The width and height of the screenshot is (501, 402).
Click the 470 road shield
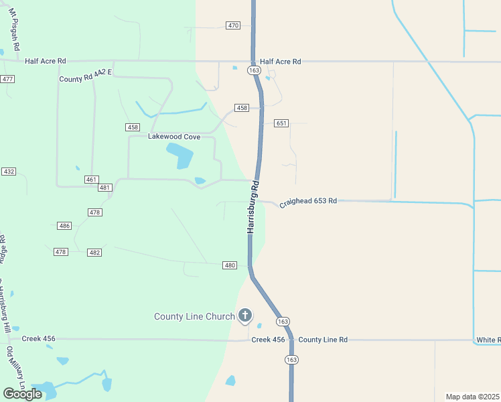(x=233, y=25)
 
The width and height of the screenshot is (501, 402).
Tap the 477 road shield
(x=7, y=79)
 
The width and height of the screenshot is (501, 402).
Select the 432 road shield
(x=9, y=172)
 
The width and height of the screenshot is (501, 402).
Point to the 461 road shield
(x=92, y=180)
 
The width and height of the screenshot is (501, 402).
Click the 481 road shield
(x=104, y=188)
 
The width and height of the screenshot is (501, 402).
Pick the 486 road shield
(x=64, y=226)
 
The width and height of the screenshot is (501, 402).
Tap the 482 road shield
(x=94, y=252)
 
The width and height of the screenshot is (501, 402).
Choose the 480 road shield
(x=230, y=265)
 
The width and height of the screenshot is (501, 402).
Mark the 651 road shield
(x=281, y=123)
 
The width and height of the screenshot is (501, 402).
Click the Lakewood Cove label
(x=174, y=137)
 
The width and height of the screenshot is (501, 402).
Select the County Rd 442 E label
(x=85, y=78)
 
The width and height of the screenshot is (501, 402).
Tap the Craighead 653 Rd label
(x=308, y=201)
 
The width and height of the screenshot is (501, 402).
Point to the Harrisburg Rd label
(x=253, y=206)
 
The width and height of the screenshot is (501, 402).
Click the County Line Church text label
(x=194, y=316)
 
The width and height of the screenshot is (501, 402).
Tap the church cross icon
(x=245, y=315)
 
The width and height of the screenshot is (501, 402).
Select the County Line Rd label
(x=323, y=340)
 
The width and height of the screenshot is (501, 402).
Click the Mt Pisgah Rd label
(x=15, y=32)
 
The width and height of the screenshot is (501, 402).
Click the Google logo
(x=22, y=394)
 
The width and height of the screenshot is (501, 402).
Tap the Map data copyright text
(x=473, y=397)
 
